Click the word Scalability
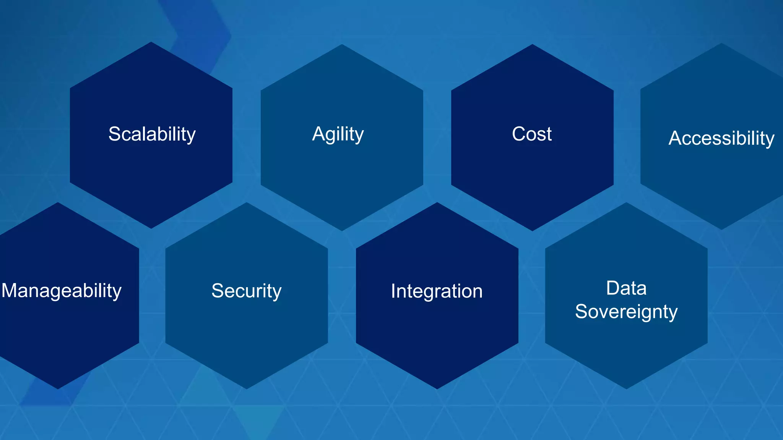pyautogui.click(x=152, y=134)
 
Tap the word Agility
pyautogui.click(x=338, y=134)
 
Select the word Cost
pyautogui.click(x=531, y=134)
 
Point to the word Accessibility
pyautogui.click(x=721, y=138)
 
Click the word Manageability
pyautogui.click(x=62, y=291)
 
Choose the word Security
pyautogui.click(x=247, y=291)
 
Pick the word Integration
pyautogui.click(x=437, y=291)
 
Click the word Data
pyautogui.click(x=626, y=288)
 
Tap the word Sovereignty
pyautogui.click(x=626, y=311)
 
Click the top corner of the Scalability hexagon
pyautogui.click(x=151, y=42)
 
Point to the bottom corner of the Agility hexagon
pyautogui.click(x=342, y=231)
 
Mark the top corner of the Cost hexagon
pyautogui.click(x=532, y=44)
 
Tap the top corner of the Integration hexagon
pyautogui.click(x=437, y=202)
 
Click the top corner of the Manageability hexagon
pyautogui.click(x=58, y=202)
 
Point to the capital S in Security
pyautogui.click(x=218, y=291)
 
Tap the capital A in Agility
pyautogui.click(x=318, y=134)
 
